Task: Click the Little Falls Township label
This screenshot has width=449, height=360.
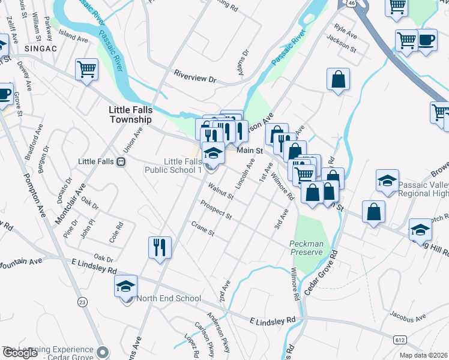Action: (x=130, y=115)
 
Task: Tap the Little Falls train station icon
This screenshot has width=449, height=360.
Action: (x=121, y=162)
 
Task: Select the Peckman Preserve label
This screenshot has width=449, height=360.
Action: (x=306, y=248)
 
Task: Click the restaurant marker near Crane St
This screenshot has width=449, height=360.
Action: (x=160, y=247)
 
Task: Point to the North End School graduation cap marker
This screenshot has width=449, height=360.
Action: (x=126, y=286)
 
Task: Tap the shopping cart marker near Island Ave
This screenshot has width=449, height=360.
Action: (x=86, y=69)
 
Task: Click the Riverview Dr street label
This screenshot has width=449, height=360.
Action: (x=194, y=78)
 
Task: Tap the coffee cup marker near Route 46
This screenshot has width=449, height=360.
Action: (x=426, y=40)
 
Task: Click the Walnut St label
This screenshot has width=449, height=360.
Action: (x=221, y=193)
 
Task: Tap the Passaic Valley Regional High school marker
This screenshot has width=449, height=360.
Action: (x=388, y=181)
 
